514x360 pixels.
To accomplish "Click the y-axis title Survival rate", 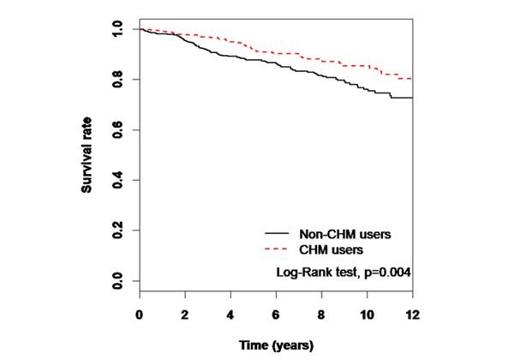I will coord(88,156).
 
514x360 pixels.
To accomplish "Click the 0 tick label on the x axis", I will coord(140,315).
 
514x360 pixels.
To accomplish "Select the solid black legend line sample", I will coord(276,233).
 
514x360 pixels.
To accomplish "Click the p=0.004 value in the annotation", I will coord(388,273).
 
